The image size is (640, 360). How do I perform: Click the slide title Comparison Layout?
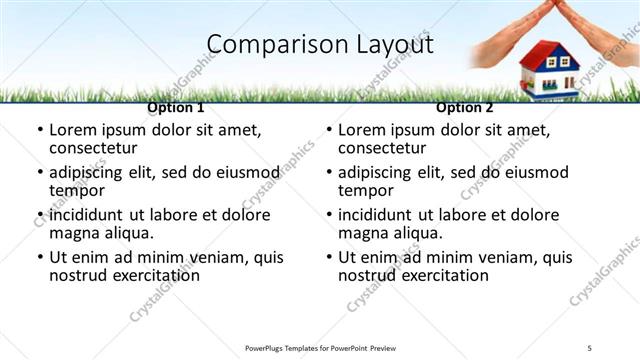pos(320,44)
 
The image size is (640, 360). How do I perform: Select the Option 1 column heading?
pos(176,107)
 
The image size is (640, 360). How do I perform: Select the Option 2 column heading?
pos(465,107)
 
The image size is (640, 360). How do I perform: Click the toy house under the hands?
pos(548,71)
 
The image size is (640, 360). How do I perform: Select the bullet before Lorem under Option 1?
pos(39,130)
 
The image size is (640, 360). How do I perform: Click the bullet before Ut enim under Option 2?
pos(328,257)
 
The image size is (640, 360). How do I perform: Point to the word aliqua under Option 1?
pos(127,232)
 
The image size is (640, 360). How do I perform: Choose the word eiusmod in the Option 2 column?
pos(540,172)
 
